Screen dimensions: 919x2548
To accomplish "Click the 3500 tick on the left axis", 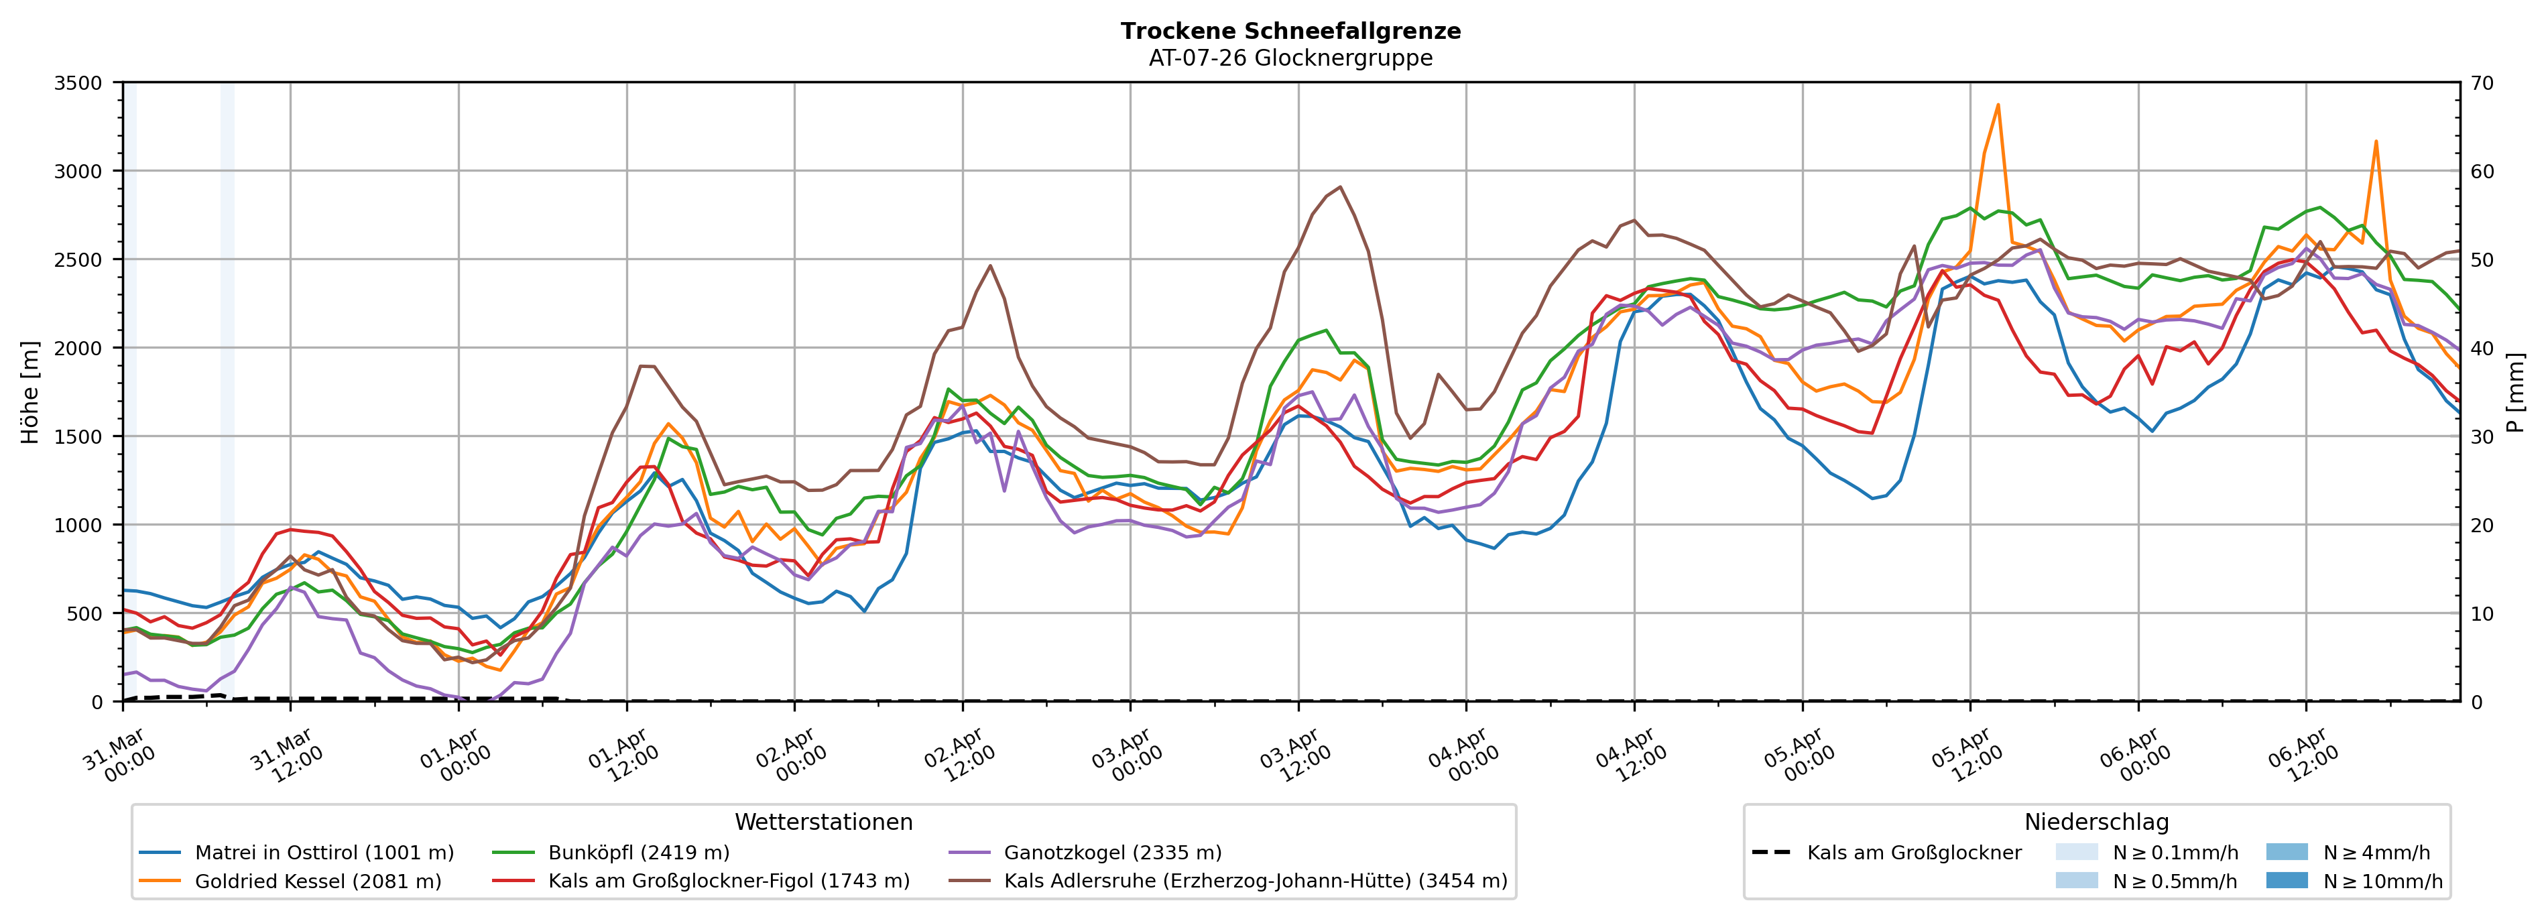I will click(x=78, y=83).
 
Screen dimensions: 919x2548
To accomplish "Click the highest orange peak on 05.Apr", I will click(x=1998, y=104).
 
